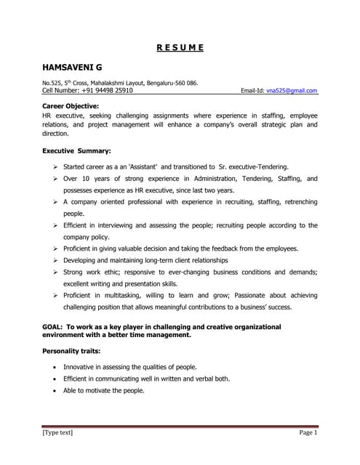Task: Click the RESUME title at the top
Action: pyautogui.click(x=180, y=49)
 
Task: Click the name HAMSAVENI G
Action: pyautogui.click(x=71, y=68)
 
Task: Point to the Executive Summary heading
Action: pyautogui.click(x=76, y=151)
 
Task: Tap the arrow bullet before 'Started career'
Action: pyautogui.click(x=56, y=166)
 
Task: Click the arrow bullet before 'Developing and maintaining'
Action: pyautogui.click(x=56, y=259)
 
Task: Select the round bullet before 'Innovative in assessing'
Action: pyautogui.click(x=55, y=367)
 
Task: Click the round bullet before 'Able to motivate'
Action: pyautogui.click(x=55, y=390)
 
